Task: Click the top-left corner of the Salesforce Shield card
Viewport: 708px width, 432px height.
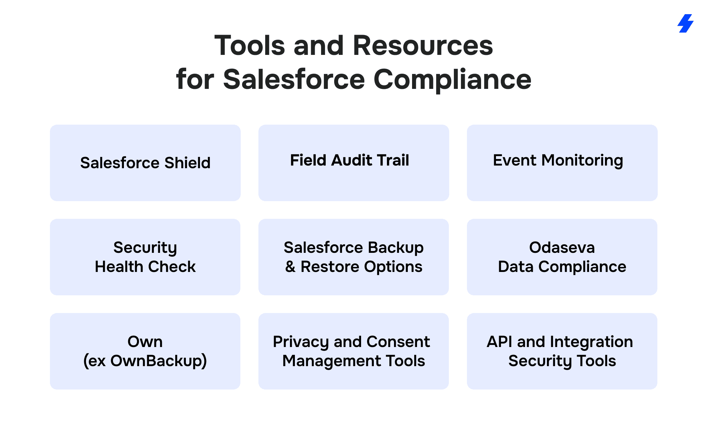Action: point(50,125)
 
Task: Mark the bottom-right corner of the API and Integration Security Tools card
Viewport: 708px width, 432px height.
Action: point(657,389)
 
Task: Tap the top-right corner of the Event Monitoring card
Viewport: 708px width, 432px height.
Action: point(657,125)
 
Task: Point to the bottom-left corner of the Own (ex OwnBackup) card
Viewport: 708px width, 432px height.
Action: point(50,389)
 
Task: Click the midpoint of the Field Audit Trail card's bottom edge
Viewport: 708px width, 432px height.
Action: point(354,201)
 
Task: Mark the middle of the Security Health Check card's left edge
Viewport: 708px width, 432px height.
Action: point(50,257)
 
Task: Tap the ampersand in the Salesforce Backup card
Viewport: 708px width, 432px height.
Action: point(290,267)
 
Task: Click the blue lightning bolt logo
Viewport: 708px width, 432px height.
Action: point(685,23)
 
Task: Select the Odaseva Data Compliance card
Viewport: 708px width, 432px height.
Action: point(562,257)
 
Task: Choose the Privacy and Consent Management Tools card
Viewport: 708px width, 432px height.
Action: point(354,351)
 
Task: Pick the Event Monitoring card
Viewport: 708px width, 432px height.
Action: point(562,163)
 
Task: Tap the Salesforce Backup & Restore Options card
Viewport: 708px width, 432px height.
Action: point(354,257)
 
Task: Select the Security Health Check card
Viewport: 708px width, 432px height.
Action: point(145,257)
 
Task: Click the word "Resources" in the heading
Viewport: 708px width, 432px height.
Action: point(423,46)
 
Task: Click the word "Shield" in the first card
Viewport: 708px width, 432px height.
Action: point(187,163)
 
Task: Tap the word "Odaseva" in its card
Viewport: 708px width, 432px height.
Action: point(562,248)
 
